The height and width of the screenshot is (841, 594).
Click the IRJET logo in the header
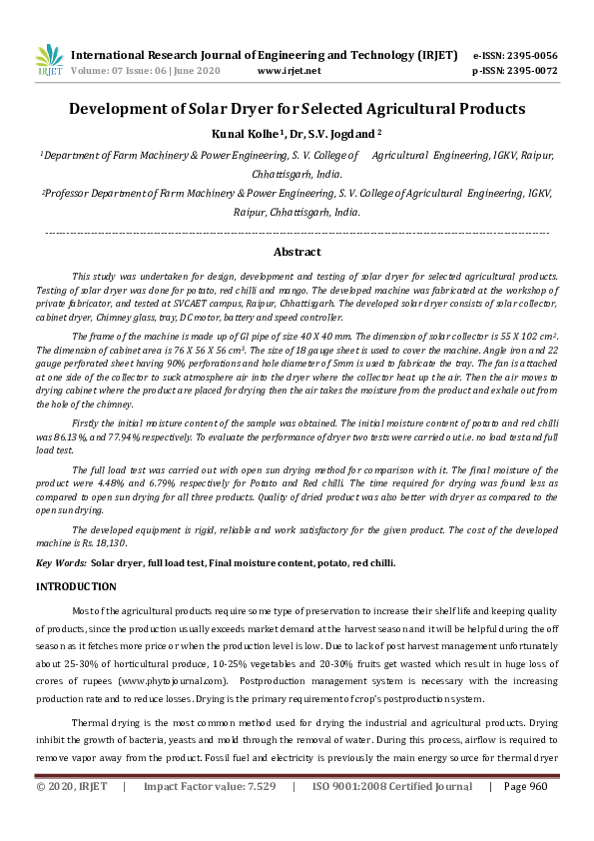click(x=50, y=60)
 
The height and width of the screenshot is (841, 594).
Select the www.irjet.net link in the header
click(x=289, y=71)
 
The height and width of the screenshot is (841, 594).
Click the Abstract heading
click(x=297, y=252)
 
